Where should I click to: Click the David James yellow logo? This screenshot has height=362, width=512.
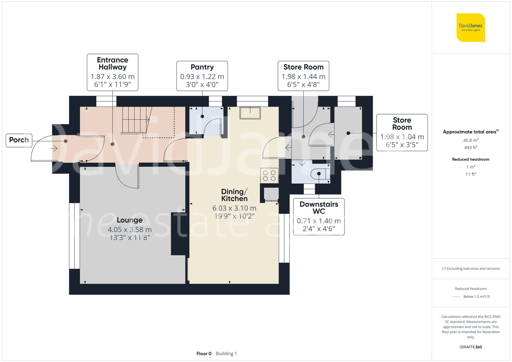pyautogui.click(x=471, y=28)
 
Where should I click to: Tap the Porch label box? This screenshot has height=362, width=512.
pyautogui.click(x=19, y=140)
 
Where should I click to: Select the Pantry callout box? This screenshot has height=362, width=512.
pyautogui.click(x=202, y=76)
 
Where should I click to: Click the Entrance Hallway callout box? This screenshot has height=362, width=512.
pyautogui.click(x=112, y=72)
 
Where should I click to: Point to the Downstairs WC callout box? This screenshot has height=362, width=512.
pyautogui.click(x=319, y=216)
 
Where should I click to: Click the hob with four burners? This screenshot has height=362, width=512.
pyautogui.click(x=269, y=175)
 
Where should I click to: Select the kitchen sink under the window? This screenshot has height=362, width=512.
pyautogui.click(x=250, y=113)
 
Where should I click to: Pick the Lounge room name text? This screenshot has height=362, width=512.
pyautogui.click(x=130, y=220)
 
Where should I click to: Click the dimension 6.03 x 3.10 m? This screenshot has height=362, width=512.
pyautogui.click(x=234, y=208)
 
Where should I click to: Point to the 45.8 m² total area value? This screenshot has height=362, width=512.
pyautogui.click(x=471, y=140)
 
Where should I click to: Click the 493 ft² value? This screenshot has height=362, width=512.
pyautogui.click(x=471, y=148)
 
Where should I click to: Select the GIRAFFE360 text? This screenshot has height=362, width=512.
pyautogui.click(x=471, y=347)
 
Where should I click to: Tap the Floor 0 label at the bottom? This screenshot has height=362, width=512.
pyautogui.click(x=204, y=354)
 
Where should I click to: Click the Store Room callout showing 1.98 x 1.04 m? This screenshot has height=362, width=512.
pyautogui.click(x=402, y=133)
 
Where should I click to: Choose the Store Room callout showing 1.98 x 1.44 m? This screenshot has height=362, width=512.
pyautogui.click(x=303, y=76)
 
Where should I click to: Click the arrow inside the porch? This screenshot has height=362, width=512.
pyautogui.click(x=54, y=148)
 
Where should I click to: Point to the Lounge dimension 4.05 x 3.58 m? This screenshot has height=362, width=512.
pyautogui.click(x=130, y=229)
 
